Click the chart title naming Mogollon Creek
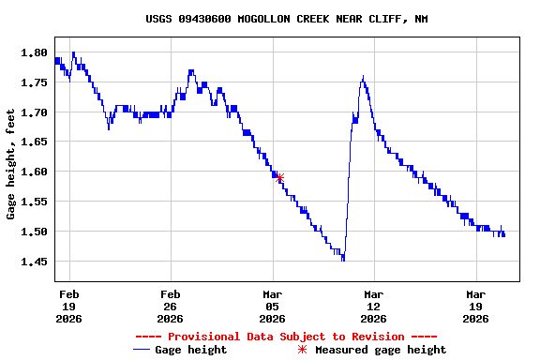coord(287,19)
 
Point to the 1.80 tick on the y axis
coord(34,52)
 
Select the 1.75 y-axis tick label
coord(34,82)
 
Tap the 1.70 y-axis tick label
coord(34,112)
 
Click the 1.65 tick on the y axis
coord(34,142)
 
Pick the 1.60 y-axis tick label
coord(34,172)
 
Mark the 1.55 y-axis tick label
coord(34,202)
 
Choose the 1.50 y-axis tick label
coord(34,232)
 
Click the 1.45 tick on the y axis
coord(34,262)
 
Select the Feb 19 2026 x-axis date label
coord(69,306)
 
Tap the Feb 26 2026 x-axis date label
coord(171,306)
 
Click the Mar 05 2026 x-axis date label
coord(273,306)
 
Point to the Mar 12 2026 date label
coord(374,306)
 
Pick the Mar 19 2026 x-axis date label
coord(476,306)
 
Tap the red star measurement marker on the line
coord(278,178)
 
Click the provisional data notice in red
coord(286,337)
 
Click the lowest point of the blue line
coord(343,258)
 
